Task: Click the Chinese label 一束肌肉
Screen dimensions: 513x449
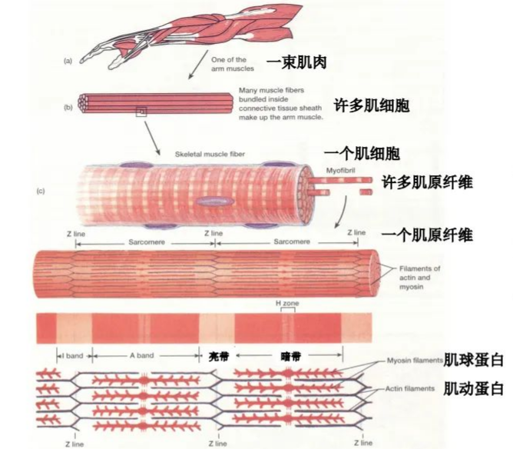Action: coord(297,62)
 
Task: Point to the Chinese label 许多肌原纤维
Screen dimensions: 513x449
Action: coord(426,182)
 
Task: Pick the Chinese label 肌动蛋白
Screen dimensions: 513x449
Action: coord(473,389)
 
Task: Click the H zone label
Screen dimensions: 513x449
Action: coord(286,304)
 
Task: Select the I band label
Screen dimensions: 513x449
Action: coord(72,357)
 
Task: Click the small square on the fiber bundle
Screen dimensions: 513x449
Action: coord(141,112)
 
